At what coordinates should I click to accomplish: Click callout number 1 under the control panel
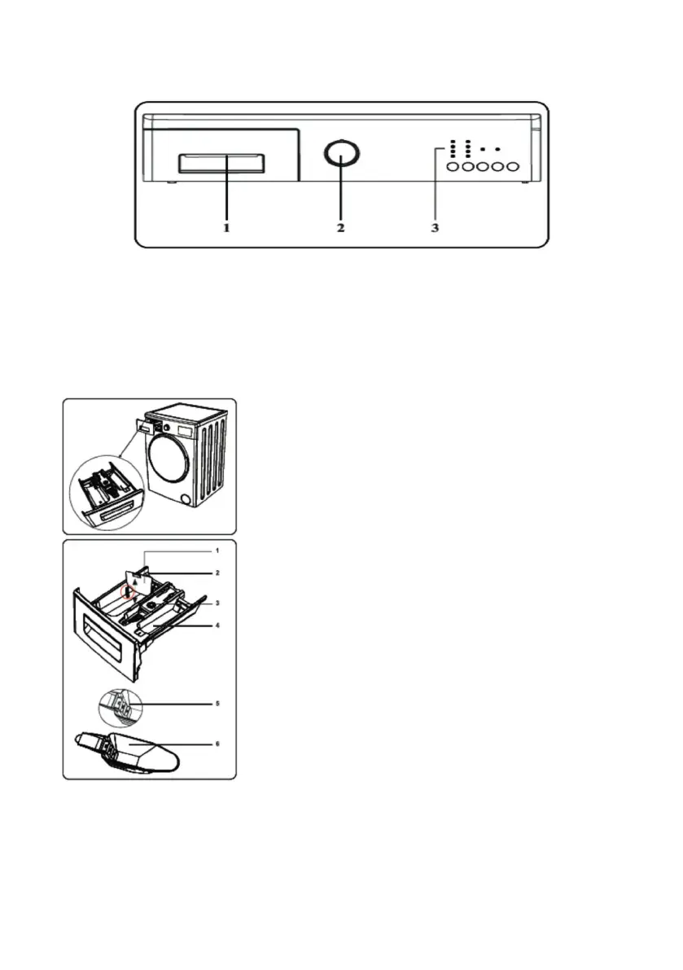tap(227, 229)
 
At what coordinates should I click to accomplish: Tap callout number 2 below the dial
tap(340, 229)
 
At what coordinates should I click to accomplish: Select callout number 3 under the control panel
tap(435, 229)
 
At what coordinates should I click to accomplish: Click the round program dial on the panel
tap(340, 155)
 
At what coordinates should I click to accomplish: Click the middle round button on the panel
tap(482, 167)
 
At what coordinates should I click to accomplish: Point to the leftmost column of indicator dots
tap(452, 149)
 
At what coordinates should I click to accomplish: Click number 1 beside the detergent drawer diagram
tap(217, 551)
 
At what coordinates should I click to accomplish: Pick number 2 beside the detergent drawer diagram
tap(217, 573)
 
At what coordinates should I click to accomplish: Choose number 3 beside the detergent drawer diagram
tap(217, 603)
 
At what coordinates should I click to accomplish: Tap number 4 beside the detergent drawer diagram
tap(217, 625)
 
